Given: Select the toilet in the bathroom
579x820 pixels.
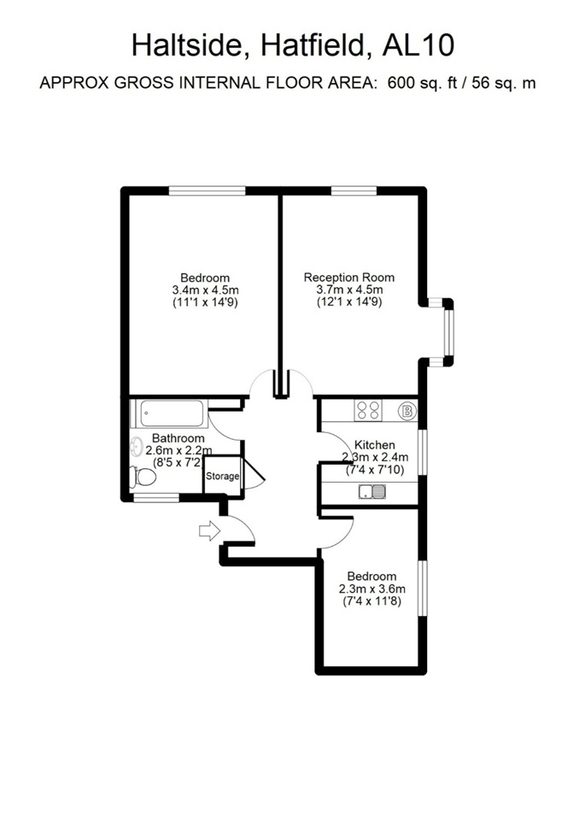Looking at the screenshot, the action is tap(143, 477).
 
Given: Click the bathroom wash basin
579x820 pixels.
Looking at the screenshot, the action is tap(137, 446).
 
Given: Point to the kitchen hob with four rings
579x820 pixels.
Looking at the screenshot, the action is tap(368, 410).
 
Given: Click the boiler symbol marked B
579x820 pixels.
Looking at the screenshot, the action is tap(406, 411).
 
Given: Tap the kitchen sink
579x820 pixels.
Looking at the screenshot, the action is tap(372, 492).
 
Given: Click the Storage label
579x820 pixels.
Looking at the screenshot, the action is tap(222, 477).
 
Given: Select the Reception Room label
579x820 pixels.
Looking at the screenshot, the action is tap(349, 277).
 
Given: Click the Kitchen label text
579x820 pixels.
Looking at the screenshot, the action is tap(375, 444).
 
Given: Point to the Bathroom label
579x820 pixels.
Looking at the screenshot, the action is tap(178, 437).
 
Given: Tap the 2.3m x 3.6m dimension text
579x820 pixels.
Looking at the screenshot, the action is tap(371, 589).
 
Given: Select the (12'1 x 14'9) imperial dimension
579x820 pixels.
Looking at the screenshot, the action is tap(349, 302).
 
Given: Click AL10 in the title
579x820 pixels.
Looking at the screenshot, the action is tap(418, 45).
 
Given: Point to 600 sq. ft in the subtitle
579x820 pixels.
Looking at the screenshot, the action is tap(417, 83).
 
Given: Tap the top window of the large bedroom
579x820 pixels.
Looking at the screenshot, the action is tap(208, 191).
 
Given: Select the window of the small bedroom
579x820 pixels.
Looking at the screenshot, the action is tap(422, 589).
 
